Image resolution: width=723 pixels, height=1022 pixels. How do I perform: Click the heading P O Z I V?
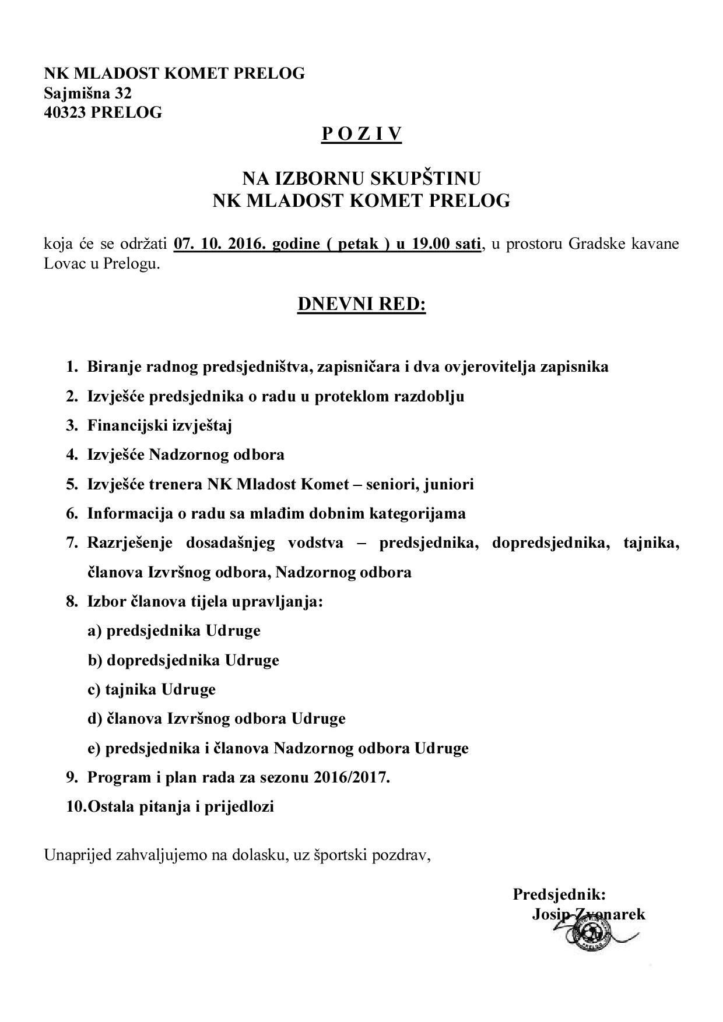pyautogui.click(x=361, y=135)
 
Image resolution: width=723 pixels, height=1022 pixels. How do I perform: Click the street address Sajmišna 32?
pyautogui.click(x=88, y=93)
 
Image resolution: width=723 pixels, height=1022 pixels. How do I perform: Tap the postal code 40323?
pyautogui.click(x=65, y=112)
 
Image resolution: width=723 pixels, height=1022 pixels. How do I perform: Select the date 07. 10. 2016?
pyautogui.click(x=212, y=244)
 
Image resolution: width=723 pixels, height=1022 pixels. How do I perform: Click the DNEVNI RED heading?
pyautogui.click(x=361, y=304)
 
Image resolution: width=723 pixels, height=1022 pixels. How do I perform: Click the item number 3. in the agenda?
pyautogui.click(x=72, y=425)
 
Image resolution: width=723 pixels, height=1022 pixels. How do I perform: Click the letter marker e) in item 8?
pyautogui.click(x=94, y=748)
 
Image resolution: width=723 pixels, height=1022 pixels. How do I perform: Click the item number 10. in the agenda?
pyautogui.click(x=76, y=807)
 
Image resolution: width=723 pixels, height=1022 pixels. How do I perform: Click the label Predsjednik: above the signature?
pyautogui.click(x=559, y=894)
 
